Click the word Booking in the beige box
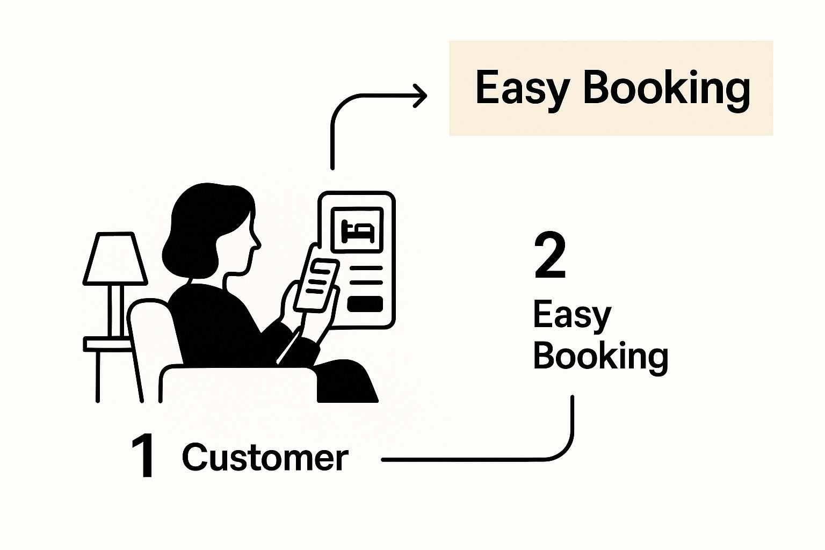666,88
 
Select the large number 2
550,257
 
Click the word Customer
265,458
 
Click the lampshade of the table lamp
114,259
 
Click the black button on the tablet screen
365,304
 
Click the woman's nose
257,243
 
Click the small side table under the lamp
107,344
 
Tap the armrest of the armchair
236,381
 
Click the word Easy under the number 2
571,316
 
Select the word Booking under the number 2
600,356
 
